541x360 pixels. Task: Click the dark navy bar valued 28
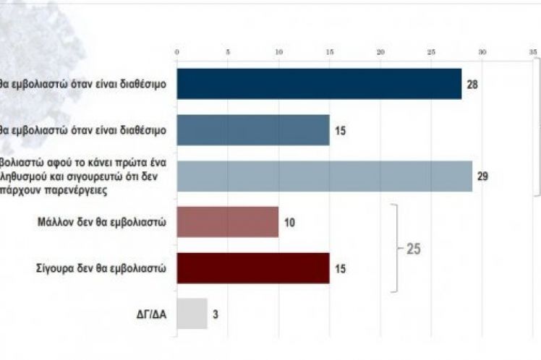pos(319,84)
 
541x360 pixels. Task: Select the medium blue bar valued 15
pos(253,130)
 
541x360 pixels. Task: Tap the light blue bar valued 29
pos(324,176)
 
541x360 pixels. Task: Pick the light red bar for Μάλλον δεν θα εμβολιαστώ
pos(228,222)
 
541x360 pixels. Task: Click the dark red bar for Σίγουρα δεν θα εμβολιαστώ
pos(253,268)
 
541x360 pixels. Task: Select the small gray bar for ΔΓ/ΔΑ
pos(192,314)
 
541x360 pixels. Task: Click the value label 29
pos(483,176)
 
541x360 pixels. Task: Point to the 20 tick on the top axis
pos(380,52)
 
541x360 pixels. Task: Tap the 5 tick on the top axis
pos(228,52)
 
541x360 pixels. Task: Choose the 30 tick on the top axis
pos(482,52)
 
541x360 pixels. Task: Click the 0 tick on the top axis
pos(177,52)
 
